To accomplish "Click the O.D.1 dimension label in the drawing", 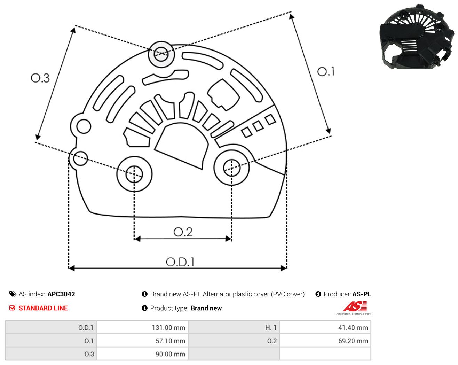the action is [x=180, y=262].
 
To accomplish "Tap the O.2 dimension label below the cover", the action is [x=183, y=232].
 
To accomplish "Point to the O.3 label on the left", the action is [x=40, y=78].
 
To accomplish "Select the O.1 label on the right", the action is [x=326, y=71].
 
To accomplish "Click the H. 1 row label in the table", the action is [x=271, y=327].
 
